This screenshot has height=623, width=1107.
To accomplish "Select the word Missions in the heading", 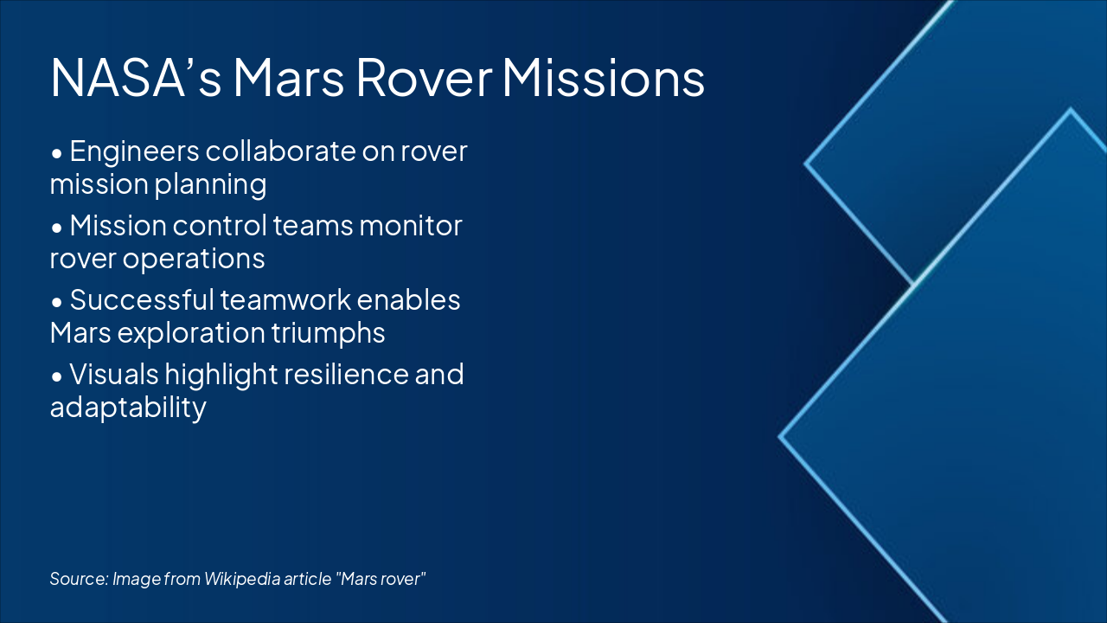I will pyautogui.click(x=603, y=78).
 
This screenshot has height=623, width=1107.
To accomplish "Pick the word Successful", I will pyautogui.click(x=139, y=300).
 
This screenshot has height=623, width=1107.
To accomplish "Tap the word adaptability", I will pyautogui.click(x=128, y=408).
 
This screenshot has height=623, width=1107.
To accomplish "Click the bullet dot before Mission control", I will pyautogui.click(x=57, y=228).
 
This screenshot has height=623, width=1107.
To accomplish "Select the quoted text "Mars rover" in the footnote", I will pyautogui.click(x=381, y=579).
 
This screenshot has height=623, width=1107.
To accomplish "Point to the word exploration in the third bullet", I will pyautogui.click(x=179, y=333).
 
